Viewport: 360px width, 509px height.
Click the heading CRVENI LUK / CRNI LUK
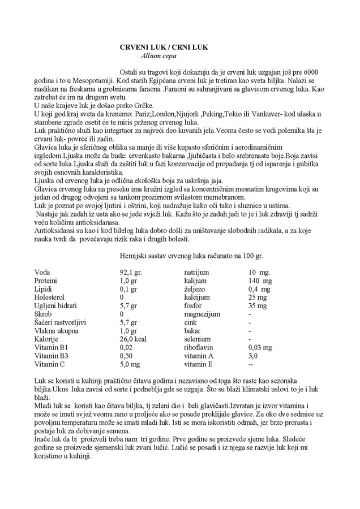point(164,48)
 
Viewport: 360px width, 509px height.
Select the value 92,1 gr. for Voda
point(131,273)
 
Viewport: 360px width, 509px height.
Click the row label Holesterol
point(50,297)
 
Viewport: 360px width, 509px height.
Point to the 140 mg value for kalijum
point(261,281)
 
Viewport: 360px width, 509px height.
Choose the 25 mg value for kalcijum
point(258,297)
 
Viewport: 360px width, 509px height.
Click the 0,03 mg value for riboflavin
point(262,348)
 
